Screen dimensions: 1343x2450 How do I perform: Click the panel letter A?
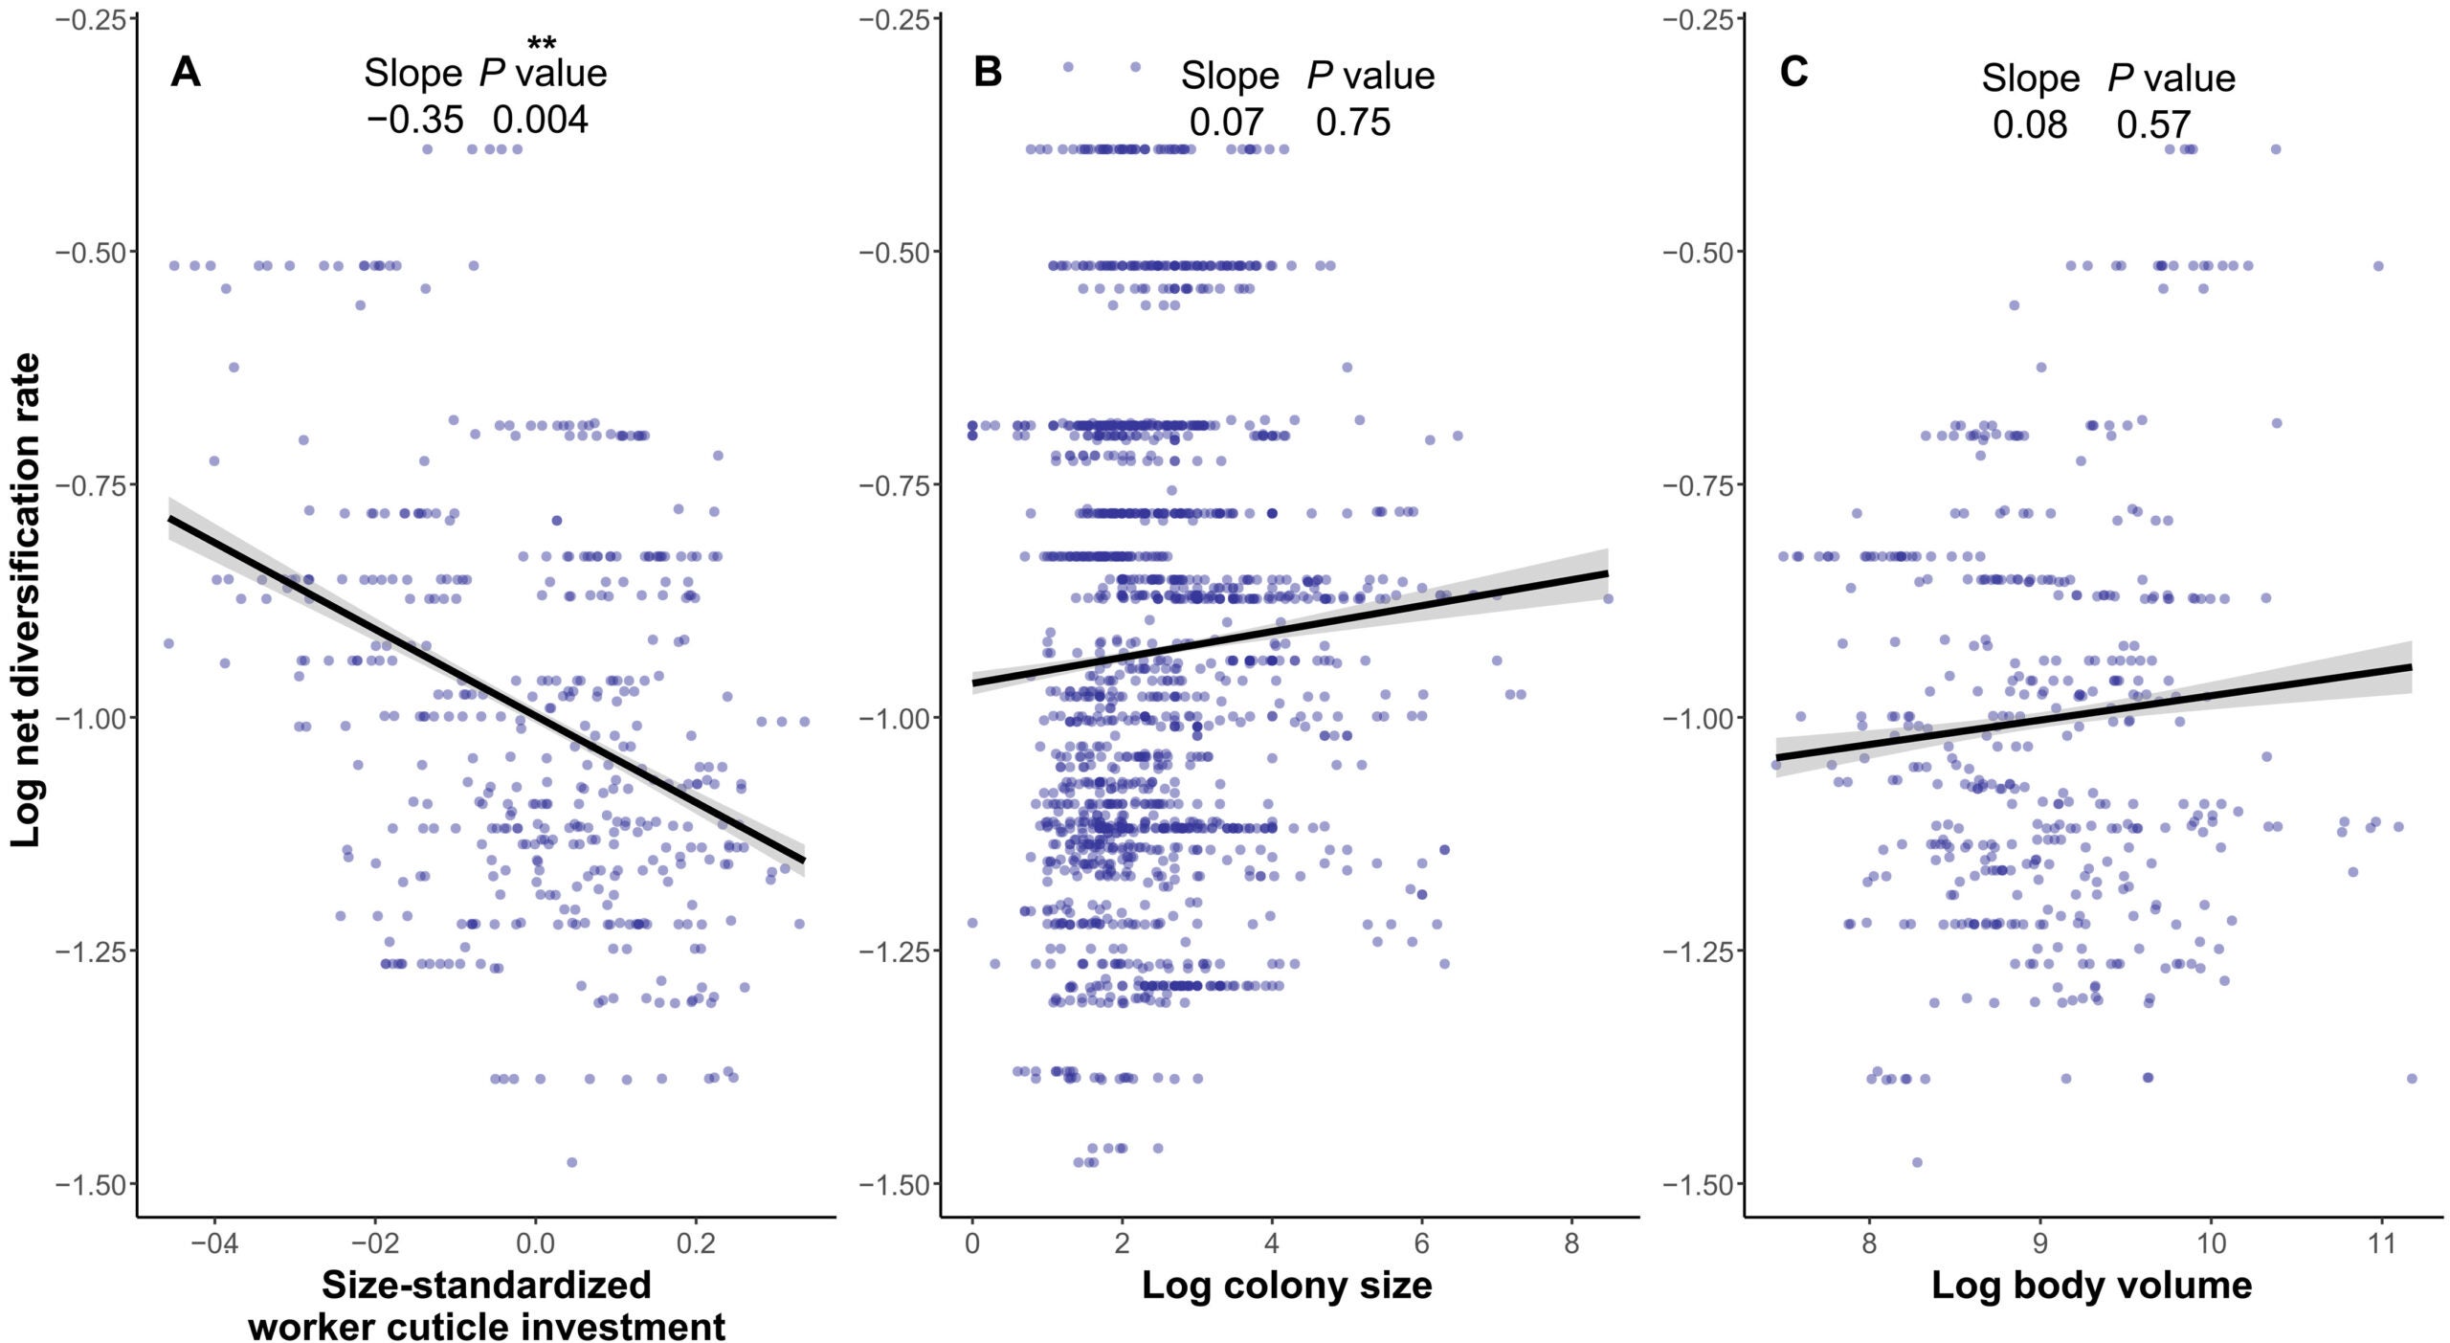point(186,73)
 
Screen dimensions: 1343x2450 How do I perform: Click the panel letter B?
point(987,73)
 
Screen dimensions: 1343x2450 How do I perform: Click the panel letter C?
point(1793,73)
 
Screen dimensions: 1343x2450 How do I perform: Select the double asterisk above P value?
point(542,44)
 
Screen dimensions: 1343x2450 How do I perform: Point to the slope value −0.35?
point(414,121)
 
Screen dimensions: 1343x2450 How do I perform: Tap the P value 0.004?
point(541,121)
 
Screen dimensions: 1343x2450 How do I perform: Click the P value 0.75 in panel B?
point(1352,123)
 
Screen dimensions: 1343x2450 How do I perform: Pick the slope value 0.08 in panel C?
point(2030,125)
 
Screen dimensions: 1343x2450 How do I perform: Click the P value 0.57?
point(2153,125)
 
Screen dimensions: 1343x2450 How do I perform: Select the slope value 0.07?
point(1226,123)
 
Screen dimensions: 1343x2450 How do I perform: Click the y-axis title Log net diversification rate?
point(27,600)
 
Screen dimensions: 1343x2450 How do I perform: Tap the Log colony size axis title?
point(1286,1285)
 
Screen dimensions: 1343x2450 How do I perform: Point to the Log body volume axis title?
point(2091,1285)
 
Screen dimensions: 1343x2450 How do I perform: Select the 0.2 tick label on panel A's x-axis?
point(696,1243)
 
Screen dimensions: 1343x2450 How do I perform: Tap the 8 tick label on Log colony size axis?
point(1570,1243)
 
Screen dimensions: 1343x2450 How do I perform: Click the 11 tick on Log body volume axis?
point(2381,1243)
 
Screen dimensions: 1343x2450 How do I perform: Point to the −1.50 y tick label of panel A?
point(91,1184)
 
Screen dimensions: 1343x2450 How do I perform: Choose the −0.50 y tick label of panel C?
point(1699,253)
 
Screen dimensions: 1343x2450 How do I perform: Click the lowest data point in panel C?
point(1917,1162)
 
